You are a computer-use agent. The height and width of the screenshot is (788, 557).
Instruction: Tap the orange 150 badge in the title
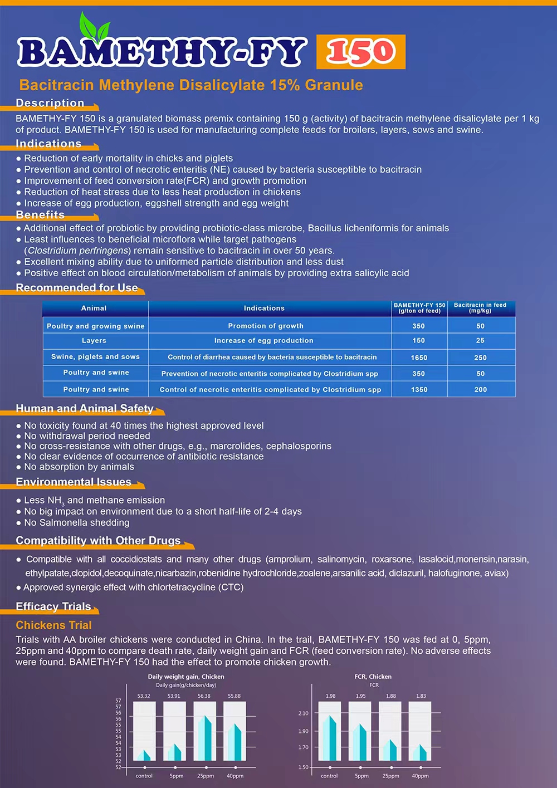click(361, 52)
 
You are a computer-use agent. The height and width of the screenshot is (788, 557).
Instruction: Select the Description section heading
click(50, 103)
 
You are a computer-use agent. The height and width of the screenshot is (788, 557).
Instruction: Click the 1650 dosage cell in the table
click(419, 358)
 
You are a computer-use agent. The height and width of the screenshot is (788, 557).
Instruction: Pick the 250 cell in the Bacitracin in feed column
click(480, 358)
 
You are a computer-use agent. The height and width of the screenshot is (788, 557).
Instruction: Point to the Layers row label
click(94, 340)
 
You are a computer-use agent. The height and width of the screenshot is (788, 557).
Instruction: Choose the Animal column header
click(94, 308)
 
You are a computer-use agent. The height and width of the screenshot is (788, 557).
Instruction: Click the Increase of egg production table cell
click(264, 340)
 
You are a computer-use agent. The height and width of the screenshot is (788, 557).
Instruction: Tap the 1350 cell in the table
click(419, 390)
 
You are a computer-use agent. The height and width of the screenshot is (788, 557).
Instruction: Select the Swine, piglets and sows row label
click(95, 356)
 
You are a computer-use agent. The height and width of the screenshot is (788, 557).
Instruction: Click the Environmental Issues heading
click(74, 482)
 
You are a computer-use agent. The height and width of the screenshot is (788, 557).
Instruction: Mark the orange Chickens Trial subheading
click(53, 625)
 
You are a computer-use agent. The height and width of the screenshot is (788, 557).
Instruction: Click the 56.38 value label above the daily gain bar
click(204, 696)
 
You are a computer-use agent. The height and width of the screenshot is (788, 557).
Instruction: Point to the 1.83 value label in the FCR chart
click(421, 696)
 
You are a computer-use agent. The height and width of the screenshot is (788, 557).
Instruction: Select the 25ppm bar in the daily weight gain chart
click(204, 737)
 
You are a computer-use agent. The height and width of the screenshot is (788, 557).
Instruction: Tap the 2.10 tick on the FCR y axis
click(304, 713)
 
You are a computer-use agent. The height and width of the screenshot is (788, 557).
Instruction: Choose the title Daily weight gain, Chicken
click(186, 677)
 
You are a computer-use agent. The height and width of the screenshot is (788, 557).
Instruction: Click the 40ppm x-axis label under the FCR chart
click(420, 776)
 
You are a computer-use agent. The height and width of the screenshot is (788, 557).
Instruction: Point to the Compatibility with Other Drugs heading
click(98, 540)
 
